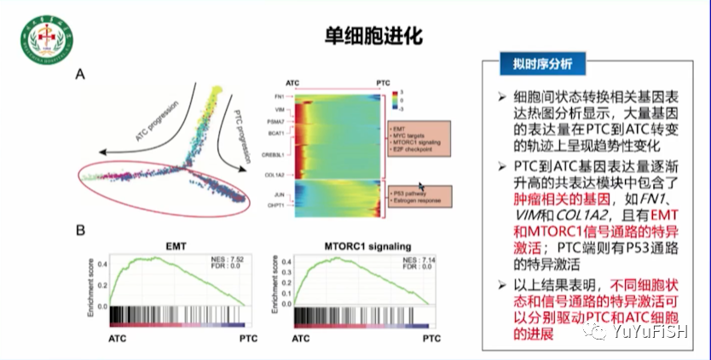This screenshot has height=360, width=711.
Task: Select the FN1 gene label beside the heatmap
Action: point(279,96)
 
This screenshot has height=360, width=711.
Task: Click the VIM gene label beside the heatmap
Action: point(279,111)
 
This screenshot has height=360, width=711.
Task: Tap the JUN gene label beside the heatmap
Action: point(278,195)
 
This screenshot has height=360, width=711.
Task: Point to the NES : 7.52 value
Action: point(228,259)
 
